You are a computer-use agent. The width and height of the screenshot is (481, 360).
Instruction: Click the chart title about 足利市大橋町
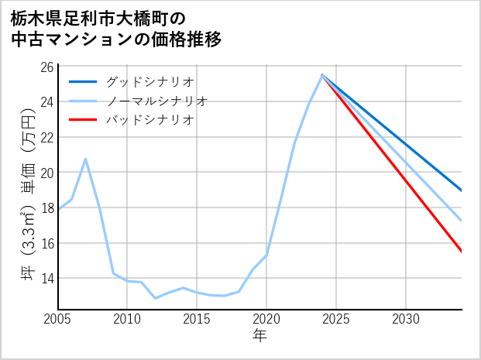[x=116, y=29]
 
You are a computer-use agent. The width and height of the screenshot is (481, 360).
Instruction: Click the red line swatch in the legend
[x=84, y=120]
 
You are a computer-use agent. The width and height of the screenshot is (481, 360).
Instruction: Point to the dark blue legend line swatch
[x=84, y=81]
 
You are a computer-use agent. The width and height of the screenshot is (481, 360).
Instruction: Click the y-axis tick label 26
[x=46, y=67]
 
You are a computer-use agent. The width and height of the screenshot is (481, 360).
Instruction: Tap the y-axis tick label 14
[x=46, y=278]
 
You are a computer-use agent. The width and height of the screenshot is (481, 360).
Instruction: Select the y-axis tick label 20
[x=46, y=173]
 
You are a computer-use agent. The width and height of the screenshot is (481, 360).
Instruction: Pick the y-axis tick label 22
[x=46, y=137]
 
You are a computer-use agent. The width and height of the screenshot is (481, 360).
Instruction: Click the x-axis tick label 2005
[x=57, y=319]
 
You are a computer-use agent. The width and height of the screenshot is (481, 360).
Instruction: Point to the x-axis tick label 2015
[x=197, y=319]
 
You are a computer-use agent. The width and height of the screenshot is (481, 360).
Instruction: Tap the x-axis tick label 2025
[x=336, y=319]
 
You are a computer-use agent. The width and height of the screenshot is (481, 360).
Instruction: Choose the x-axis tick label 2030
[x=406, y=319]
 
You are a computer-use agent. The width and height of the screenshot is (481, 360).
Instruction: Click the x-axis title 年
[x=259, y=336]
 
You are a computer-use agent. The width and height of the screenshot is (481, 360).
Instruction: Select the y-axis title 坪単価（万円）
[x=28, y=194]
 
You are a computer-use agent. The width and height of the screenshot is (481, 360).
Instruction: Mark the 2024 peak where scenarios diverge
[x=322, y=75]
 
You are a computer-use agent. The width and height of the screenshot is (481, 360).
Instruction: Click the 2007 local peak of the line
[x=85, y=159]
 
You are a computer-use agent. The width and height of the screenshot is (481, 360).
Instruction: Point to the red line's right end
[x=462, y=252]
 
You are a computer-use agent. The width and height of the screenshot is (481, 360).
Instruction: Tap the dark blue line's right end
[x=462, y=190]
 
